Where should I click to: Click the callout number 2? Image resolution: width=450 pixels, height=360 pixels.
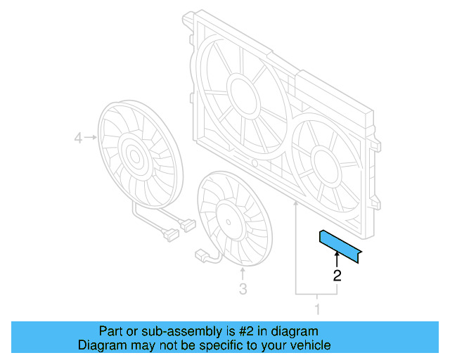click(x=337, y=276)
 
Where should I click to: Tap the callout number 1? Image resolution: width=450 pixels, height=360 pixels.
click(x=316, y=308)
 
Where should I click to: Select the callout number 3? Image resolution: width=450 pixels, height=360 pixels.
click(x=242, y=288)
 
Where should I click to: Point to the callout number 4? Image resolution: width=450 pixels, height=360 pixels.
click(x=78, y=139)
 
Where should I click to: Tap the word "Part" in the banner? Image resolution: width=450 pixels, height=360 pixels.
click(x=110, y=331)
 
